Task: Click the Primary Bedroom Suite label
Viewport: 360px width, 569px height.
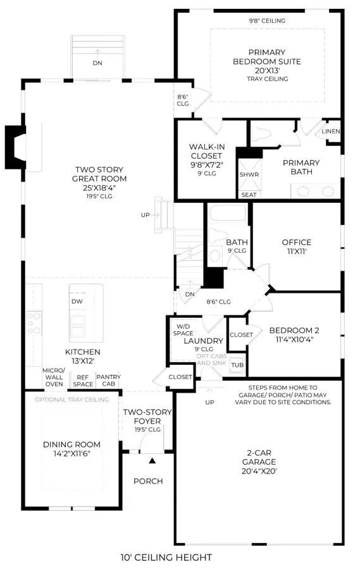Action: tap(267, 65)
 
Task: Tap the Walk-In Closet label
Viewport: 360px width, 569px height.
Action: tap(207, 160)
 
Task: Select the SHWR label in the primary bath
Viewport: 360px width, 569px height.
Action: tap(249, 174)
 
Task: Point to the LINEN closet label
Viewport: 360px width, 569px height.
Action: tap(330, 131)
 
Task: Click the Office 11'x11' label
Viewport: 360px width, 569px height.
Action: tap(297, 247)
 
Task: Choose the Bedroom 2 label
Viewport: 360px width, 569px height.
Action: tap(294, 335)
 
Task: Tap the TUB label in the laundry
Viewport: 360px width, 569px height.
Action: tap(237, 365)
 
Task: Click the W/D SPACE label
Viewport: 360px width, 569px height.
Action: tap(183, 330)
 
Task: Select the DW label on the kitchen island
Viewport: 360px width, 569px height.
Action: tap(77, 301)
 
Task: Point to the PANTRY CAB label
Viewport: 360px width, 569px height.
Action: tap(108, 381)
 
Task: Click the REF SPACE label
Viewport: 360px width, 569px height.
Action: tap(83, 381)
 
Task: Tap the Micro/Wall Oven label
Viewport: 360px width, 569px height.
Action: tap(54, 377)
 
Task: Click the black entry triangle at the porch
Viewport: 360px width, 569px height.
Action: tap(152, 461)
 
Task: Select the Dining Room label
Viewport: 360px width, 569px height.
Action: tap(71, 448)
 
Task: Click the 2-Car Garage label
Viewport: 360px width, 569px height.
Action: tap(259, 462)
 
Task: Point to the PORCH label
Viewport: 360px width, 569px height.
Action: tap(148, 481)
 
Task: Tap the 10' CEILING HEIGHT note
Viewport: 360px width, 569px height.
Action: tap(166, 557)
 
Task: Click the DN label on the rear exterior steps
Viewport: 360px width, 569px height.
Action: tap(97, 63)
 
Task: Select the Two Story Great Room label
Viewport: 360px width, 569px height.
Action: tap(99, 183)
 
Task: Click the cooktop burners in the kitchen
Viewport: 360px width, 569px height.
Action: tap(34, 323)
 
